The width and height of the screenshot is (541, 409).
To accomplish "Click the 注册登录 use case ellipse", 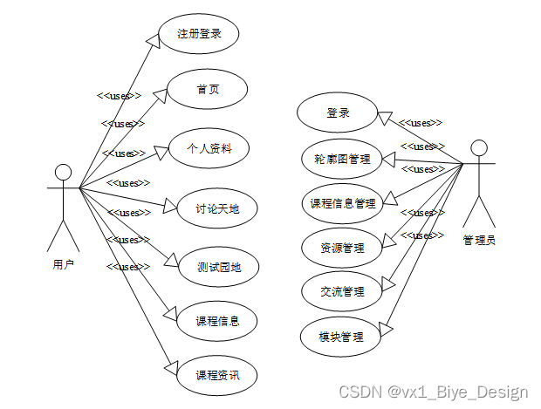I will pos(199,34).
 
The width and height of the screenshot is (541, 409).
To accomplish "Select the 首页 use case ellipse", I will pos(208,90).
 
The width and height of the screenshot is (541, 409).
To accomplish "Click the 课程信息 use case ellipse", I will pos(214,321).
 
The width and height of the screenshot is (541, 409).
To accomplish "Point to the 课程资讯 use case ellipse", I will pos(214,376).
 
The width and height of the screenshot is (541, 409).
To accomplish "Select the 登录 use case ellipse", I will pos(338,113).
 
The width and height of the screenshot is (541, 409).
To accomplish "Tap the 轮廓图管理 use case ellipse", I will pos(342,159).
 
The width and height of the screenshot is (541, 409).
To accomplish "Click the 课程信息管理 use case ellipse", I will pos(343,203).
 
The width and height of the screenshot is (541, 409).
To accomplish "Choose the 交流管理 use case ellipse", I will pos(343,291).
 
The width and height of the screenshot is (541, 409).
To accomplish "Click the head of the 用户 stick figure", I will pos(62,170).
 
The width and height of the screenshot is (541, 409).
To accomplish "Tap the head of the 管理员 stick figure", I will pos(478,147).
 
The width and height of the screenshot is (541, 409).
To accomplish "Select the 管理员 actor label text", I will pos(479,239).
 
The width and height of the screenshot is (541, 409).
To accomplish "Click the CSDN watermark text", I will pos(433,392).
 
